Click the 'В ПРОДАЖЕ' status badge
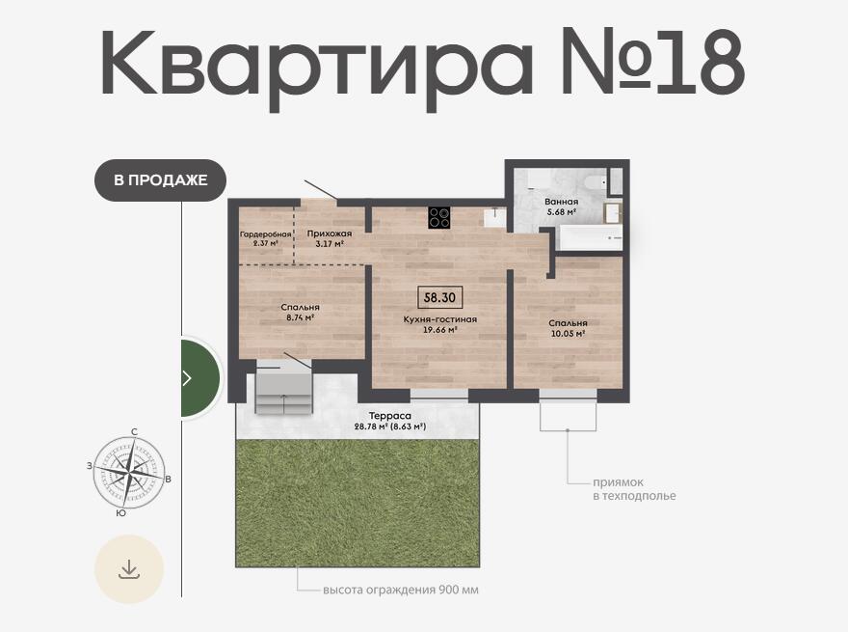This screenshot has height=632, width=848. pos(160,179)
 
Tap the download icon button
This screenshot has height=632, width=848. pos(129,569)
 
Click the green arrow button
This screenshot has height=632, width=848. pos(199,378)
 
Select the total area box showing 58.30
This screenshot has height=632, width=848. pos(439,297)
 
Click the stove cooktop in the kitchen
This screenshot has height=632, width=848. pos(439,218)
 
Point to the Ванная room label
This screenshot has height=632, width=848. pos(562,202)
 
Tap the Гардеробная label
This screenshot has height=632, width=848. pos(266,234)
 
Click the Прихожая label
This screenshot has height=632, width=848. pos(330,234)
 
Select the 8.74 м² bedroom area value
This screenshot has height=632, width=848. pos(300,317)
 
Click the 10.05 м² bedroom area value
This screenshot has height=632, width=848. pos(568,334)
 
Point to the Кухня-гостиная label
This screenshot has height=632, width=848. pos(440,319)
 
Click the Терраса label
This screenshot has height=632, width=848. pos(390,416)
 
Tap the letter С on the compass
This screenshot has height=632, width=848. pos(134,431)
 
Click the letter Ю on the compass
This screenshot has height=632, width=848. pos(121,513)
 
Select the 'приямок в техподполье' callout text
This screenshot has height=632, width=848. pos(634,489)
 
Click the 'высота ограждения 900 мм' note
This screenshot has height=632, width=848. pos(401,590)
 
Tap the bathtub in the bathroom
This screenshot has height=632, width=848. pos(591,237)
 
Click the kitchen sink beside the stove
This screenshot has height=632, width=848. pos(494,218)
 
